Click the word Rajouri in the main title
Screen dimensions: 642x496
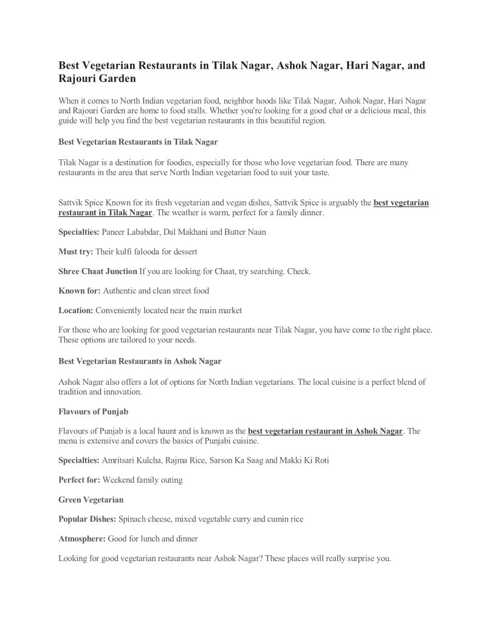[78, 78]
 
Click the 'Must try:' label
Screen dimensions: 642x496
[75, 250]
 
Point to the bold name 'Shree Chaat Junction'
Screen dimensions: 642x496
[97, 271]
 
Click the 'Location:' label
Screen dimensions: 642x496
[75, 310]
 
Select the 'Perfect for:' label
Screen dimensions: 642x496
[79, 480]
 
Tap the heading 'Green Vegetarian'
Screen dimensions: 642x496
[91, 500]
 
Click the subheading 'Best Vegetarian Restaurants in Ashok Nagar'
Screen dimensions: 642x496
[140, 361]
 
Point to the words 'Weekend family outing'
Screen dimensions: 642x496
[142, 480]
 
